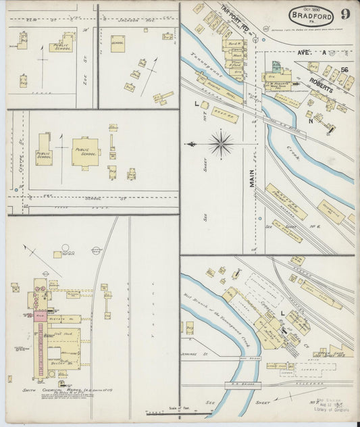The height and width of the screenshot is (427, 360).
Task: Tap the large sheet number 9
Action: point(345,14)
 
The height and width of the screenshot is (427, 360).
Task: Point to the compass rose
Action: point(221,143)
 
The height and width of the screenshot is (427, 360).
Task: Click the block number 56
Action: point(344,70)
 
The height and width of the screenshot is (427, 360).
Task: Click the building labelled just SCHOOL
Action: point(118,44)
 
